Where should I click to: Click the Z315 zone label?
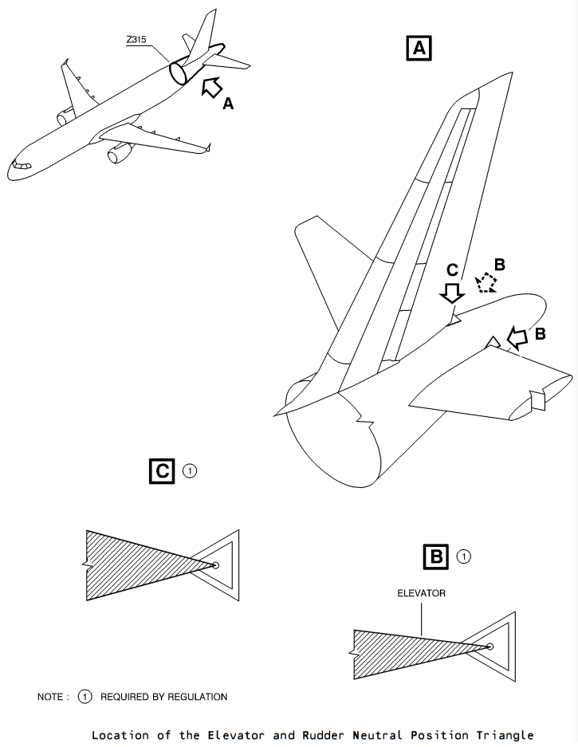[x=136, y=40]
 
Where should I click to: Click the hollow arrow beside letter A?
[x=211, y=87]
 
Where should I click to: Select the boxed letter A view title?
[x=419, y=48]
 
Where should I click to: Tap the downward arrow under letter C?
[x=452, y=293]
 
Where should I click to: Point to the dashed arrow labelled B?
[x=486, y=282]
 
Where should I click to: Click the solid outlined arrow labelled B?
[x=517, y=337]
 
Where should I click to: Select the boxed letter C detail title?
[x=162, y=471]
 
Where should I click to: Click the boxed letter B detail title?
[x=436, y=556]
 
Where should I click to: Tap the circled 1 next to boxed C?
[x=190, y=471]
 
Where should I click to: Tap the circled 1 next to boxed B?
[x=464, y=556]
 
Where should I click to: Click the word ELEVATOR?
[x=422, y=593]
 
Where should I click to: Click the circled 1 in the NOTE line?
[x=85, y=697]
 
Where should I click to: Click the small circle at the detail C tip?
[x=215, y=565]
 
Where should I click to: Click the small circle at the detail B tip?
[x=490, y=647]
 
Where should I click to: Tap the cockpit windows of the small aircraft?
[x=22, y=165]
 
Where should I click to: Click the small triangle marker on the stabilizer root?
[x=493, y=342]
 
